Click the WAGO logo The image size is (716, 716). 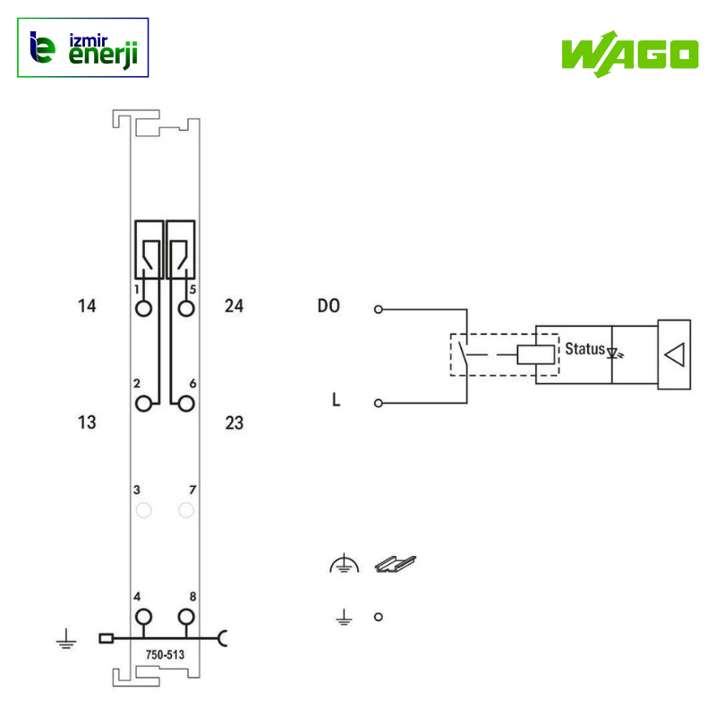tap(630, 55)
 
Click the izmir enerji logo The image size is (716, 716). tap(82, 47)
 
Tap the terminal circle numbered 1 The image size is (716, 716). tap(144, 309)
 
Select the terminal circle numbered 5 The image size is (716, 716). tap(186, 309)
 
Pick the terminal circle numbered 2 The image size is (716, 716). tap(144, 404)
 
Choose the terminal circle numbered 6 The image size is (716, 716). tap(186, 404)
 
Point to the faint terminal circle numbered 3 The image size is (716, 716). tap(144, 510)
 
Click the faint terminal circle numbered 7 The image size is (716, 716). tap(186, 510)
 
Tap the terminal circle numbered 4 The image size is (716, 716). tap(144, 617)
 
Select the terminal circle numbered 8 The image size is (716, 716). tap(186, 617)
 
